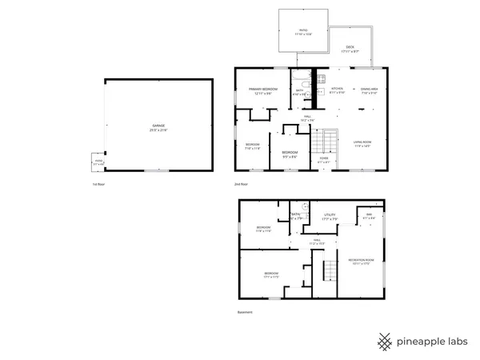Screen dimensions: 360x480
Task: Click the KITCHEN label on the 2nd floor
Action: pyautogui.click(x=337, y=89)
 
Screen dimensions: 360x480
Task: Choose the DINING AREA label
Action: pyautogui.click(x=369, y=89)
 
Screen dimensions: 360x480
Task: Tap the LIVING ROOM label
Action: pyautogui.click(x=362, y=142)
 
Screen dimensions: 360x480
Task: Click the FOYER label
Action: pyautogui.click(x=324, y=159)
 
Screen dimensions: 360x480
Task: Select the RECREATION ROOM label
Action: pyautogui.click(x=362, y=261)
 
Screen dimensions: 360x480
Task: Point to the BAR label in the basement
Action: pyautogui.click(x=370, y=214)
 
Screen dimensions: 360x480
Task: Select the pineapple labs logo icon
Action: pyautogui.click(x=385, y=341)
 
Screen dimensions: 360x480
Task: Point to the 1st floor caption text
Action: pyautogui.click(x=98, y=184)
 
